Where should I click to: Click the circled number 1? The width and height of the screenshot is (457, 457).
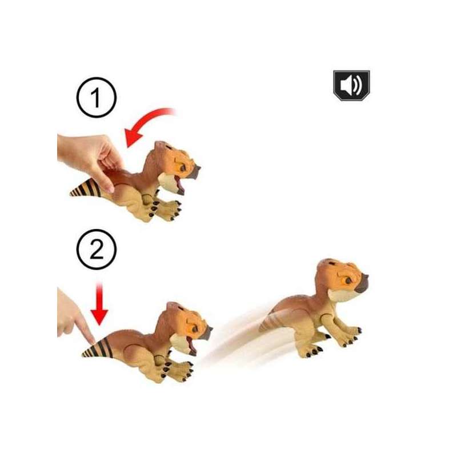click(97, 97)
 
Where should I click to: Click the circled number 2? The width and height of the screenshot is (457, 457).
click(97, 249)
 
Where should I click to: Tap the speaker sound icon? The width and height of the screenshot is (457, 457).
click(351, 85)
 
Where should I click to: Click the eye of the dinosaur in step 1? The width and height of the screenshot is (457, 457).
click(183, 167)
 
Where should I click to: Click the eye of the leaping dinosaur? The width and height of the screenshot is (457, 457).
click(348, 280)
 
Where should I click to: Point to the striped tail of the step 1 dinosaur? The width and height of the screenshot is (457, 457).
click(86, 188)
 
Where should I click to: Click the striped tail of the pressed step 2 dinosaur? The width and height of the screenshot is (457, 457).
click(98, 348)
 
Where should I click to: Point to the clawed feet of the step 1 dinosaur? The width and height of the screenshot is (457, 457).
click(166, 209)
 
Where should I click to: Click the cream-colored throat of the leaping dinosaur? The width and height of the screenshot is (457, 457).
click(343, 295)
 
